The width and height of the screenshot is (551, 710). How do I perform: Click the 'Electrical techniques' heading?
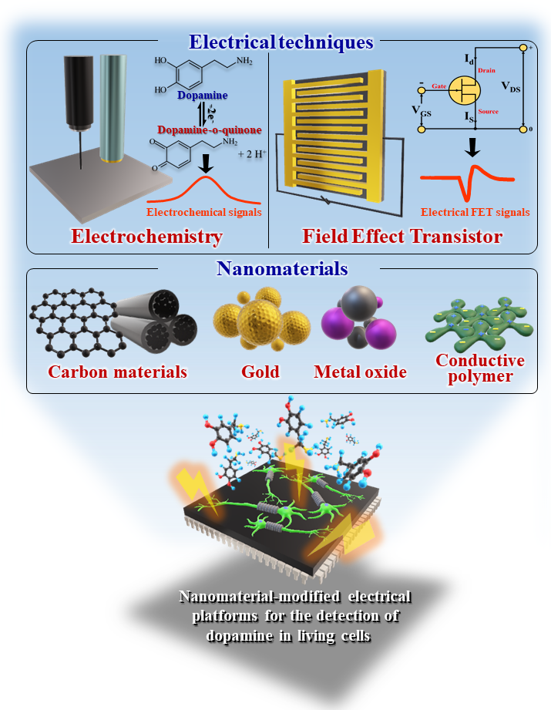coord(281,42)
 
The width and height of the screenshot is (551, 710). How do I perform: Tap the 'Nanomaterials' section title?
coord(282,268)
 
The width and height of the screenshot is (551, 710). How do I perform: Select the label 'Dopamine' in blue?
coord(203,95)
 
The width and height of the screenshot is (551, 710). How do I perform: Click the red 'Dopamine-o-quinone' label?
coord(209,130)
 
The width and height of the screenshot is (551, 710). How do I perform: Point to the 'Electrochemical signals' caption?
coord(203,212)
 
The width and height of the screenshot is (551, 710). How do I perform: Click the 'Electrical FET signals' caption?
coord(475,212)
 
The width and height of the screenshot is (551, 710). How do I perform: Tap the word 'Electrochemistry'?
coord(146,237)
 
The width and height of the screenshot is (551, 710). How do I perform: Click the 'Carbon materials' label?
coord(118,372)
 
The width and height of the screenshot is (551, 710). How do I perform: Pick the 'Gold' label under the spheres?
coord(260,372)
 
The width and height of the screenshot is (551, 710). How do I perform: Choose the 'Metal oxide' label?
coord(361,372)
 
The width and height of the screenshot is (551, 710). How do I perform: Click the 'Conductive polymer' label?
coord(480,368)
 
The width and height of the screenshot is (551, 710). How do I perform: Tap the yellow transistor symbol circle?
coord(465,90)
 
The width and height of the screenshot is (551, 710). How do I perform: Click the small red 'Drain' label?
coord(487,70)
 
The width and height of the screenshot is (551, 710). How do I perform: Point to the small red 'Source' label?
coord(488,111)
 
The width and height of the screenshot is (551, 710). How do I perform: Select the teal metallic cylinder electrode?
coord(113,109)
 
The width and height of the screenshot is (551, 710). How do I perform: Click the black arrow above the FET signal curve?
coord(472,147)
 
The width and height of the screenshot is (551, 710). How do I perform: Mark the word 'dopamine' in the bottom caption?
coord(240,636)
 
